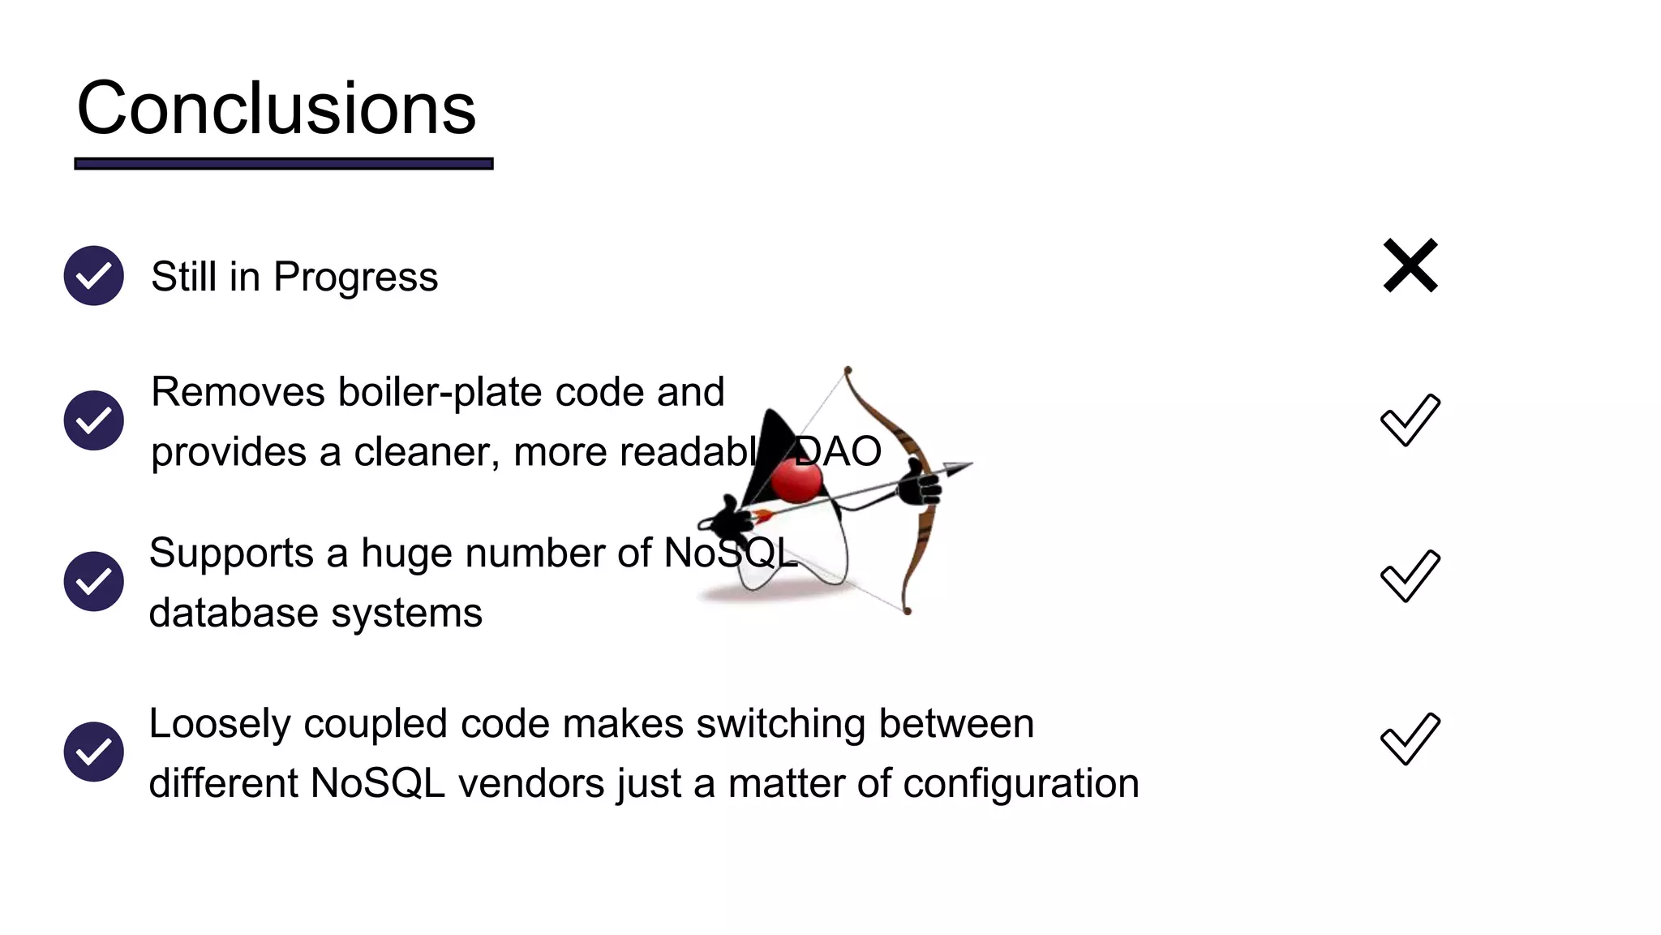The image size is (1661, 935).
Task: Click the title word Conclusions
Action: (x=276, y=109)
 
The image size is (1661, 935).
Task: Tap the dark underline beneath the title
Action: (x=283, y=164)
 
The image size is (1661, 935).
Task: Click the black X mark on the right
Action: (x=1410, y=265)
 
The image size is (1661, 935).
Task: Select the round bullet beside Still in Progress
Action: (x=94, y=276)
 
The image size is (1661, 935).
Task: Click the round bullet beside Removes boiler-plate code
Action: (x=94, y=420)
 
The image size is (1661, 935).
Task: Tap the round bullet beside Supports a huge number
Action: (x=94, y=581)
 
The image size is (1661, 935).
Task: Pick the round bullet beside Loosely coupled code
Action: (x=94, y=752)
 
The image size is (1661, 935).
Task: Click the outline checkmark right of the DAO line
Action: (x=1410, y=420)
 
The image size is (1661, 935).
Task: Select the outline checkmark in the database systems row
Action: (x=1410, y=575)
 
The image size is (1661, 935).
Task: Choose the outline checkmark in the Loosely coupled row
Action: (x=1410, y=739)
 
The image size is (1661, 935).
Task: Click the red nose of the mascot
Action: (x=796, y=480)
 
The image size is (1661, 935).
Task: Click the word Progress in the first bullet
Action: (x=355, y=278)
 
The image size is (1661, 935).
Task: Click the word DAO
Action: (x=839, y=452)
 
